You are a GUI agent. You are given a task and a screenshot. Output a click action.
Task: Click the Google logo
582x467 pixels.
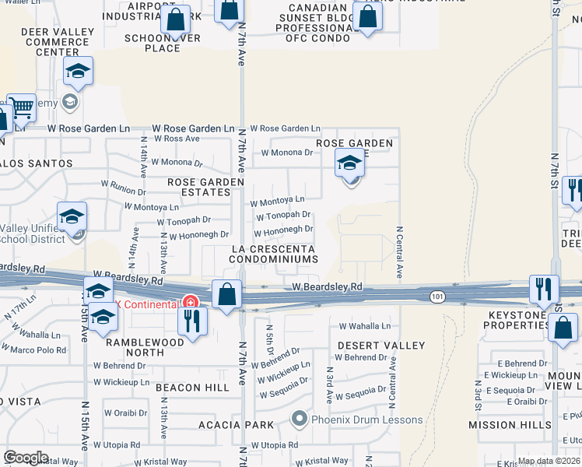(x=26, y=458)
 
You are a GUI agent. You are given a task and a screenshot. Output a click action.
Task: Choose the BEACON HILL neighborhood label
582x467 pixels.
(x=192, y=387)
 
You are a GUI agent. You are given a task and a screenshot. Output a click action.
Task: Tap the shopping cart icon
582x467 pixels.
(x=21, y=109)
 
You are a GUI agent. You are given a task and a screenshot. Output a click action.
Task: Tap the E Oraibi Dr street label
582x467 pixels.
(x=521, y=402)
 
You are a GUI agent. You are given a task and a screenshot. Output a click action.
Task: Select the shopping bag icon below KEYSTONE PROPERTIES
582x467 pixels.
(x=563, y=328)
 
